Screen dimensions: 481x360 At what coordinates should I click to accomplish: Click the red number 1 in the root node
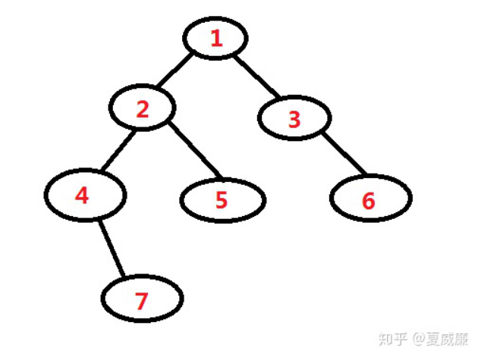tap(217, 39)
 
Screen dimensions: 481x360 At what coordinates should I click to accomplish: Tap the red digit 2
tap(143, 109)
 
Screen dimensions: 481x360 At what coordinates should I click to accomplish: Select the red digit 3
tap(294, 119)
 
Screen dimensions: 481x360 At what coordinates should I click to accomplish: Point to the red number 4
tap(82, 196)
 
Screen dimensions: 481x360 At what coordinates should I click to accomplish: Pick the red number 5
tap(222, 200)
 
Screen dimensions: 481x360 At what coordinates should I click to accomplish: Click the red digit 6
tap(369, 201)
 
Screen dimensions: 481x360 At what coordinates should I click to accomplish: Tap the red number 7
tap(141, 301)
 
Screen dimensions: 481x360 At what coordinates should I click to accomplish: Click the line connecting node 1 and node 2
tap(174, 70)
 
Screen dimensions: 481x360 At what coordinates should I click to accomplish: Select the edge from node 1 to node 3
tap(257, 77)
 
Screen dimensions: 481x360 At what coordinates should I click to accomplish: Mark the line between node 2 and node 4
tap(118, 150)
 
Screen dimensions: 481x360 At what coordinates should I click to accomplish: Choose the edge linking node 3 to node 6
tap(344, 154)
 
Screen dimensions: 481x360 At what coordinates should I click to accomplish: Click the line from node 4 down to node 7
tap(112, 248)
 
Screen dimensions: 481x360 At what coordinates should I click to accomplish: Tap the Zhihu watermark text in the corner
tap(423, 339)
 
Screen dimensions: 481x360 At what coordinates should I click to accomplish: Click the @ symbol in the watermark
tap(419, 340)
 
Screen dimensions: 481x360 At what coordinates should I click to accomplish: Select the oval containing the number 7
tap(143, 299)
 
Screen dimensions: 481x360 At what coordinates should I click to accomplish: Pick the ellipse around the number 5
tap(223, 200)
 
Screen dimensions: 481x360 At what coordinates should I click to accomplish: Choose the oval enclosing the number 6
tap(371, 198)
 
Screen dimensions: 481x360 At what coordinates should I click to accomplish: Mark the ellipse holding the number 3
tap(294, 118)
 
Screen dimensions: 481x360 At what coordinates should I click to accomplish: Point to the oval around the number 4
tap(86, 195)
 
